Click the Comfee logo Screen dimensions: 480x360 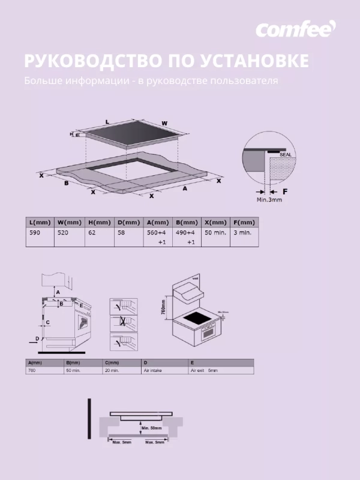pyautogui.click(x=296, y=29)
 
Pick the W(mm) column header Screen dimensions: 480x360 pyautogui.click(x=68, y=222)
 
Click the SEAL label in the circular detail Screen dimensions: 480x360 pyautogui.click(x=285, y=154)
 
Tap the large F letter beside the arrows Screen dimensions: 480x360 pyautogui.click(x=286, y=191)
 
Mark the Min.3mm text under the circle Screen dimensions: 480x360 pyautogui.click(x=269, y=200)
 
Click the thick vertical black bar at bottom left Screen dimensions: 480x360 pyautogui.click(x=88, y=419)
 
